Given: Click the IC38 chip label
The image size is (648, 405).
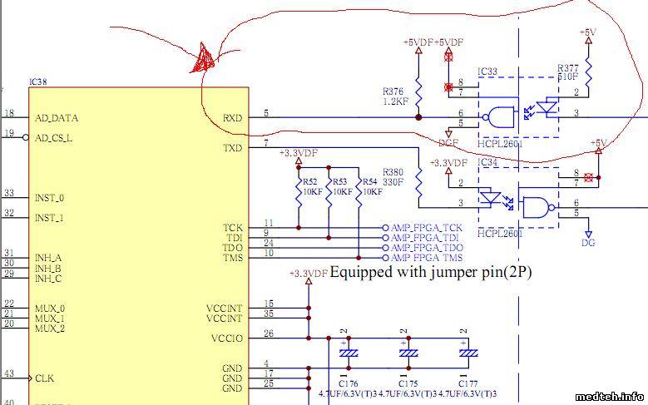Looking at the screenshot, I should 37,82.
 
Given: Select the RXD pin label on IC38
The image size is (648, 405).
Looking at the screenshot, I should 233,118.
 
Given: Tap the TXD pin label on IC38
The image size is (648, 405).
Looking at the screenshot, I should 233,148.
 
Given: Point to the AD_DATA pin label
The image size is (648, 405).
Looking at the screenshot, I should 56,118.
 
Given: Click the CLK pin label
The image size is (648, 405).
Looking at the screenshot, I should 44,378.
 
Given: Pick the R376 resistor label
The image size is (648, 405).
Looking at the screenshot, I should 395,91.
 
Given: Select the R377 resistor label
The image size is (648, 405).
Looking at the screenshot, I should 568,67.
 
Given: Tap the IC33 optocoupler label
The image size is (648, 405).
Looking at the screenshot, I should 487,72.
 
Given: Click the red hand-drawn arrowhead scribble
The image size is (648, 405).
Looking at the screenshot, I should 205,58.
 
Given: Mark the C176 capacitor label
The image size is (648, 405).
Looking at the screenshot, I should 349,383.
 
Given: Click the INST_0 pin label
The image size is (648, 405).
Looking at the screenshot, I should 50,198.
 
